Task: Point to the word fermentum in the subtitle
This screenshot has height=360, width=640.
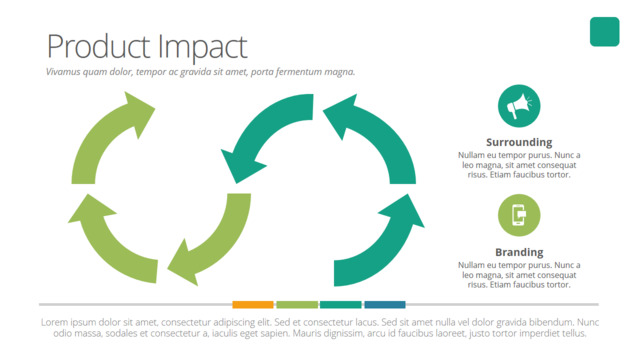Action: pyautogui.click(x=299, y=72)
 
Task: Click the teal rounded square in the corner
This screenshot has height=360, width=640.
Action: pyautogui.click(x=604, y=31)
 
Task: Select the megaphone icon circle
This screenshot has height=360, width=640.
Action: pyautogui.click(x=519, y=106)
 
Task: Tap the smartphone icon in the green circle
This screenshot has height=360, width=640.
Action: pyautogui.click(x=519, y=215)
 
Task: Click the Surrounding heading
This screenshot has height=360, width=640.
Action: pyautogui.click(x=519, y=142)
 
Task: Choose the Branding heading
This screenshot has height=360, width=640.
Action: pyautogui.click(x=519, y=252)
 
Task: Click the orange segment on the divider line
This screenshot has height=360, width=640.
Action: pyautogui.click(x=253, y=304)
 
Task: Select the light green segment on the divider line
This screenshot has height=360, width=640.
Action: pyautogui.click(x=297, y=304)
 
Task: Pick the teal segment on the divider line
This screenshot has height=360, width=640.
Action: pyautogui.click(x=340, y=304)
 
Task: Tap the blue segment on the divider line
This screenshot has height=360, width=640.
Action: pyautogui.click(x=385, y=304)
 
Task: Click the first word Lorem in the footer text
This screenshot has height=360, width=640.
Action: pyautogui.click(x=54, y=322)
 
